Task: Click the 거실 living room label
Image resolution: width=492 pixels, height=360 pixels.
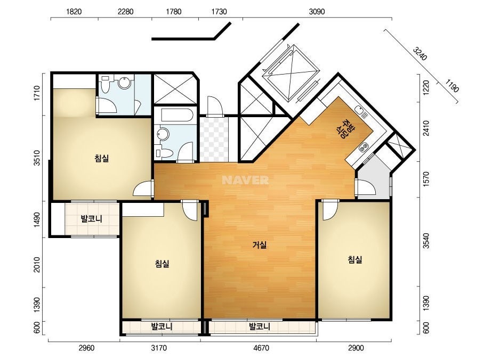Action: pyautogui.click(x=260, y=244)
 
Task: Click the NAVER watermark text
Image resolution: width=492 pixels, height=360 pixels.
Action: pyautogui.click(x=245, y=180)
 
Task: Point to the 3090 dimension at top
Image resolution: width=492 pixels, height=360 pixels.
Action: pyautogui.click(x=317, y=12)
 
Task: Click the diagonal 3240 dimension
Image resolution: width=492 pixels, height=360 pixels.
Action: pyautogui.click(x=420, y=54)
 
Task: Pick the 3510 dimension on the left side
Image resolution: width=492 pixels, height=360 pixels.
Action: pyautogui.click(x=37, y=158)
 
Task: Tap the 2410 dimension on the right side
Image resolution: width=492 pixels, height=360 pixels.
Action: pyautogui.click(x=425, y=128)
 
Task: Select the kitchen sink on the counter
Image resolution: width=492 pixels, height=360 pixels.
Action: pyautogui.click(x=360, y=110)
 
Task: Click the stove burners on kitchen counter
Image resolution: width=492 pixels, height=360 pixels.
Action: pyautogui.click(x=364, y=146)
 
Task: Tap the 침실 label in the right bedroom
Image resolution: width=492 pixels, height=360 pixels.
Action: pyautogui.click(x=355, y=259)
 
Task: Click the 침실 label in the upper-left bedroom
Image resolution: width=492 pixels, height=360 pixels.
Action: pyautogui.click(x=102, y=158)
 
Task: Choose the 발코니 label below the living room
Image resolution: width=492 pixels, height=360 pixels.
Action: pyautogui.click(x=260, y=327)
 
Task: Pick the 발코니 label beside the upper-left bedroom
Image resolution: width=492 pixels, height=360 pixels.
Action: pyautogui.click(x=91, y=218)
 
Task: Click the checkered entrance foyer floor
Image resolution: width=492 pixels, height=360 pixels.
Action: pyautogui.click(x=214, y=139)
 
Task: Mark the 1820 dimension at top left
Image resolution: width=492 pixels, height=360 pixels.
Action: pyautogui.click(x=74, y=12)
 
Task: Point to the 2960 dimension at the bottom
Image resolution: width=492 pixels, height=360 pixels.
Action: pyautogui.click(x=86, y=348)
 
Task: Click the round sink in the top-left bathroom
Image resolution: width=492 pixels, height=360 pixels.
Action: pyautogui.click(x=125, y=83)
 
